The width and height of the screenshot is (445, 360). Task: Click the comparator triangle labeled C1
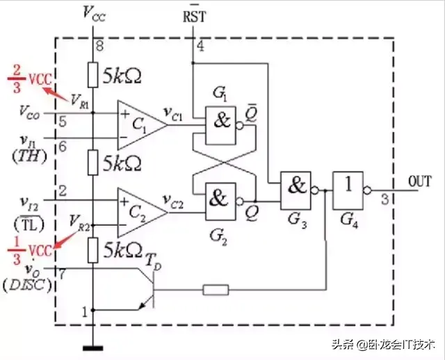click(x=142, y=125)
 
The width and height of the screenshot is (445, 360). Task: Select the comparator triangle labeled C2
click(x=142, y=213)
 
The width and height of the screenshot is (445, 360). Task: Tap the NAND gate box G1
click(x=221, y=126)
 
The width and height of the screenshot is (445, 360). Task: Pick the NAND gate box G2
click(x=221, y=202)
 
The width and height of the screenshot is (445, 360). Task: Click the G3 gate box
click(x=296, y=190)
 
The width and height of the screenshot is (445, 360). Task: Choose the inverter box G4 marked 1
click(x=348, y=190)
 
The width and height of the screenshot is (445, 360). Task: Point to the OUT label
click(x=420, y=181)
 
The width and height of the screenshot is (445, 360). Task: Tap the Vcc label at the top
click(x=95, y=14)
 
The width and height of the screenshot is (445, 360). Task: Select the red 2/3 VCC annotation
click(x=30, y=79)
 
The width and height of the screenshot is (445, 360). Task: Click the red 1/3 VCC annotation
click(x=30, y=251)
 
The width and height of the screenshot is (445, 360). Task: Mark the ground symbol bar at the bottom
click(x=93, y=348)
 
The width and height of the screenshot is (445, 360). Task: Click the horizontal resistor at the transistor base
click(x=216, y=290)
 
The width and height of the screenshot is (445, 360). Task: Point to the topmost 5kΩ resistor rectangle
click(x=92, y=75)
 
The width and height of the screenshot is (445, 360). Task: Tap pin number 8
click(x=99, y=46)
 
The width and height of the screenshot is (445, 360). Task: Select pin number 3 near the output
click(x=385, y=199)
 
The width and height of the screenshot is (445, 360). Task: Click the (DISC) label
click(x=27, y=285)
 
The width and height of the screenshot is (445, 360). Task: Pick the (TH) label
click(x=29, y=156)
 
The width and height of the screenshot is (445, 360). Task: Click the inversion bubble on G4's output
click(x=367, y=190)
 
